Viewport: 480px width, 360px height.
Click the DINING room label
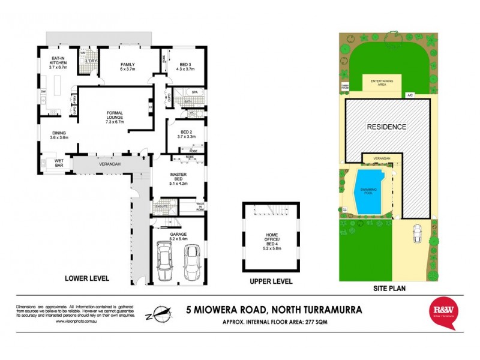pos(59,135)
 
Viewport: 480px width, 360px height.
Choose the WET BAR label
pos(59,162)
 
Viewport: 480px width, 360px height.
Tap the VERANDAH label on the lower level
pos(110,164)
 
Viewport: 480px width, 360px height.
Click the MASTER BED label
pos(179,180)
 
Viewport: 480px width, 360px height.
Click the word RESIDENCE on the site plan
pos(387,127)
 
